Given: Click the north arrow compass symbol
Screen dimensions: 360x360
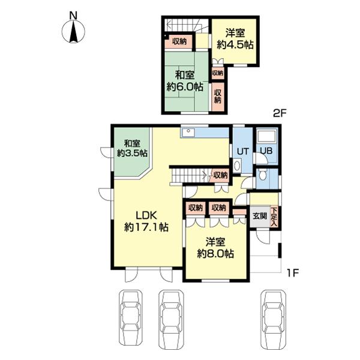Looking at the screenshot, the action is [x=73, y=31].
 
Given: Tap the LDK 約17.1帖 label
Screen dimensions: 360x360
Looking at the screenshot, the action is [x=146, y=221].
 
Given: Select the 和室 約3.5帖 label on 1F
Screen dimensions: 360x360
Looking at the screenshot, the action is [x=132, y=149].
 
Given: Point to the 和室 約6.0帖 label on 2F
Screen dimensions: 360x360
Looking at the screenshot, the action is [x=185, y=81].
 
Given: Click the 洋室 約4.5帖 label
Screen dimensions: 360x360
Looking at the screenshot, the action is [x=235, y=38].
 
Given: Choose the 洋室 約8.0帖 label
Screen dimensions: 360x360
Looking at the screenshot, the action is [x=215, y=248].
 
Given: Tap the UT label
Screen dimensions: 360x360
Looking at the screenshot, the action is [x=242, y=151].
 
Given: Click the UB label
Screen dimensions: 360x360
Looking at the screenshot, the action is [x=266, y=151].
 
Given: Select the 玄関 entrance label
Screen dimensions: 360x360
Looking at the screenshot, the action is [x=260, y=216].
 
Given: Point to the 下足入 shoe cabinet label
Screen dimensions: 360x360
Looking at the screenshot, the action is [x=274, y=217].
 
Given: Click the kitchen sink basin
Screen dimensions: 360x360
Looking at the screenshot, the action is [x=188, y=133].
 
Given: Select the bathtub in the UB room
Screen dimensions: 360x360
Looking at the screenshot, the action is [x=267, y=136].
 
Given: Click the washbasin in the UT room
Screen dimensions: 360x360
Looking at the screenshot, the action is [x=237, y=166].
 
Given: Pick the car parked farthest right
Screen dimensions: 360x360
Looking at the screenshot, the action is [x=273, y=321].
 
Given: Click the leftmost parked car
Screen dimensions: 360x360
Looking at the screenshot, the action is [x=130, y=321].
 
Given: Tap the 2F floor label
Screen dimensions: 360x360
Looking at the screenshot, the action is [x=280, y=113].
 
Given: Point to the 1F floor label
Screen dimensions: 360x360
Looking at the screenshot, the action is [x=293, y=273].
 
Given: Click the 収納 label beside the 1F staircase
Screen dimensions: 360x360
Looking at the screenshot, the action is [x=220, y=175].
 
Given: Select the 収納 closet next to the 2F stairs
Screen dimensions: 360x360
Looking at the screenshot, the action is [x=179, y=41].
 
